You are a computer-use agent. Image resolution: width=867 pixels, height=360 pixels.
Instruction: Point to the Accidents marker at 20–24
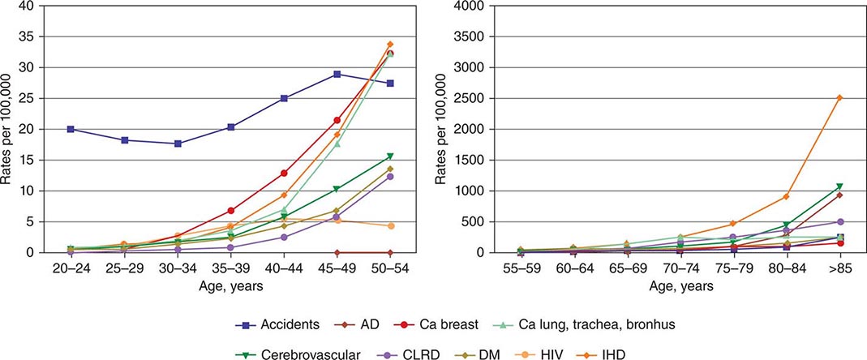(71, 129)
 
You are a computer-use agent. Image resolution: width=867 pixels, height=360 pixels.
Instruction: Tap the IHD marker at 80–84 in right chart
(785, 196)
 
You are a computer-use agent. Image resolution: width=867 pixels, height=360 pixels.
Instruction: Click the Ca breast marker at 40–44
(284, 173)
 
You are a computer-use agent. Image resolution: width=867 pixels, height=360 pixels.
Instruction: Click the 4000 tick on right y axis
(466, 6)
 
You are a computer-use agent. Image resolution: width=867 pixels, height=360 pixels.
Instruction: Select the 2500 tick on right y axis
(466, 98)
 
